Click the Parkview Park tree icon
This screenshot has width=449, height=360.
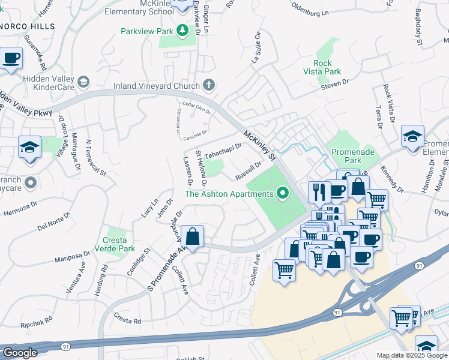[183, 31]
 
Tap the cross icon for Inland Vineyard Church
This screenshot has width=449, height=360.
[209, 85]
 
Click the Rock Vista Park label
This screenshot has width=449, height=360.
[327, 67]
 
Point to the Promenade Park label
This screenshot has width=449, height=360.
[353, 156]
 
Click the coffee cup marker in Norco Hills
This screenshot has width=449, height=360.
[11, 59]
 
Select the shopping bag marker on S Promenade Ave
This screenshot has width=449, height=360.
[193, 237]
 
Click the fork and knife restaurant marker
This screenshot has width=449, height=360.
[319, 192]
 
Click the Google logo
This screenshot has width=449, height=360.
[20, 353]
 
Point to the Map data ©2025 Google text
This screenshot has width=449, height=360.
[412, 355]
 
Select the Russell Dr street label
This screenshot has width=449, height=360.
[249, 170]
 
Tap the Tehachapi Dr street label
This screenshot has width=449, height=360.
[223, 151]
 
